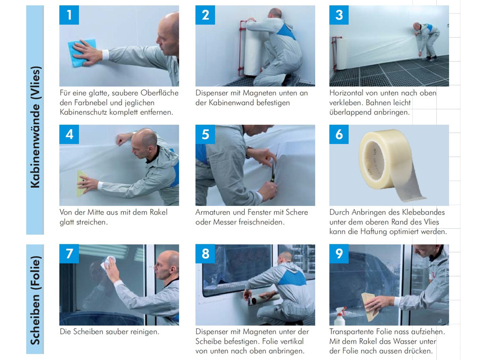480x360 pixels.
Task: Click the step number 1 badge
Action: coord(69,15)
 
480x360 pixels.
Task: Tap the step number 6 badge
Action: coord(339,134)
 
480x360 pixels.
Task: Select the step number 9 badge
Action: coord(339,253)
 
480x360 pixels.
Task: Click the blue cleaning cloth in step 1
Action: coord(82,52)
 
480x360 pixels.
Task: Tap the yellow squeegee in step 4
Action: coord(82,183)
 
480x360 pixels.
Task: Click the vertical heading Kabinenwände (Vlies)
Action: coord(35,127)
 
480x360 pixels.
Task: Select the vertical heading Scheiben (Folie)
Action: coord(35,300)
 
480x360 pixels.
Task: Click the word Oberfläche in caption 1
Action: coord(159,93)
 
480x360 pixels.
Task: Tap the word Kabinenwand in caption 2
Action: coord(231,102)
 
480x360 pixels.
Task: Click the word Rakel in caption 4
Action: coord(158,212)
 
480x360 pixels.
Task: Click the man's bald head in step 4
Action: coord(145,139)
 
